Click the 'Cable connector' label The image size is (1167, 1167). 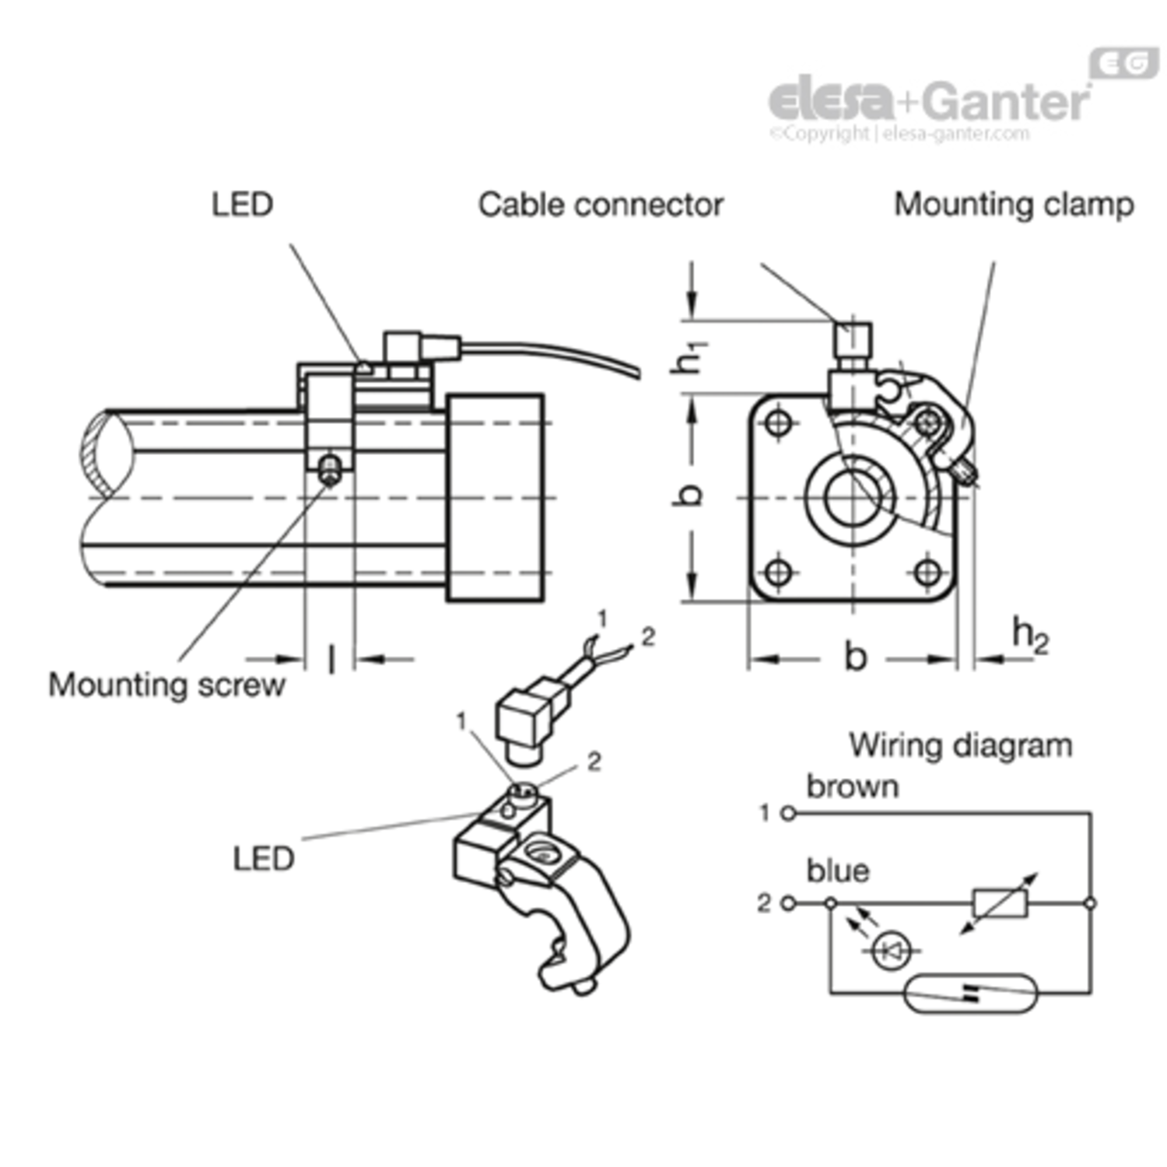click(601, 205)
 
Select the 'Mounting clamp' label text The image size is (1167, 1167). click(1014, 205)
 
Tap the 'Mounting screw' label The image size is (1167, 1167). click(166, 685)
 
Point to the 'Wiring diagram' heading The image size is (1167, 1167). click(961, 745)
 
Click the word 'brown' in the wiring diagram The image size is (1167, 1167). click(853, 787)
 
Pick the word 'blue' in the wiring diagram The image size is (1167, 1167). click(838, 871)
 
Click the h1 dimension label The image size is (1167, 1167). click(689, 356)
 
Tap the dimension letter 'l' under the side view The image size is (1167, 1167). click(332, 660)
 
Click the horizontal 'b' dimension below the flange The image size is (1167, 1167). click(856, 657)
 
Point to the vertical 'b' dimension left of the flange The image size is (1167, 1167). click(689, 495)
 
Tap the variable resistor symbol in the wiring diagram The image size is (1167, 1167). click(1001, 903)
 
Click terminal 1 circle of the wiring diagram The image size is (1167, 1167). click(787, 814)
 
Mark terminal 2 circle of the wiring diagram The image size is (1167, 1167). click(787, 903)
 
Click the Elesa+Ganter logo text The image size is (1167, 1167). click(930, 100)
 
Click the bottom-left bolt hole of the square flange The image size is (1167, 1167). click(778, 573)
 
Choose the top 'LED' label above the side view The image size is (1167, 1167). click(242, 205)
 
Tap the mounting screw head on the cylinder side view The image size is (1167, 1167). click(331, 469)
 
